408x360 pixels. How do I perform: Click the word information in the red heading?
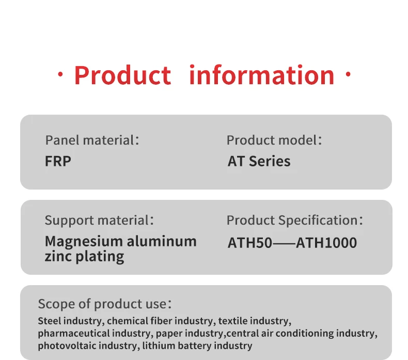(x=262, y=75)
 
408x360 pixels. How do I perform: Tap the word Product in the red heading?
(x=122, y=75)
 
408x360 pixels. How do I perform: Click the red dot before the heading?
(x=60, y=75)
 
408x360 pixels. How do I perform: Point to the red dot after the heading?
(x=348, y=74)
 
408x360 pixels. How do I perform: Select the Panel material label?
(x=92, y=140)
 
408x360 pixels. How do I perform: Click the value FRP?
(x=58, y=161)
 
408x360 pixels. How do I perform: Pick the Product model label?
(x=274, y=140)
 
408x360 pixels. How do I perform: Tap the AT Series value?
(x=259, y=161)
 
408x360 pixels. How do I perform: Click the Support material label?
(x=99, y=221)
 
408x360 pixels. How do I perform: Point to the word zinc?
(x=58, y=256)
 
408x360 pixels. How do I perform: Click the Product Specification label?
(x=294, y=221)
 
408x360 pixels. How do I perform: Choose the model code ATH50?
(x=250, y=243)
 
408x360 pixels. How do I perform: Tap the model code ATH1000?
(x=326, y=243)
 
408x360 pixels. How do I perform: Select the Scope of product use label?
(x=105, y=304)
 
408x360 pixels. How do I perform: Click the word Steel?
(x=50, y=321)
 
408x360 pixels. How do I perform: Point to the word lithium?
(x=159, y=346)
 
